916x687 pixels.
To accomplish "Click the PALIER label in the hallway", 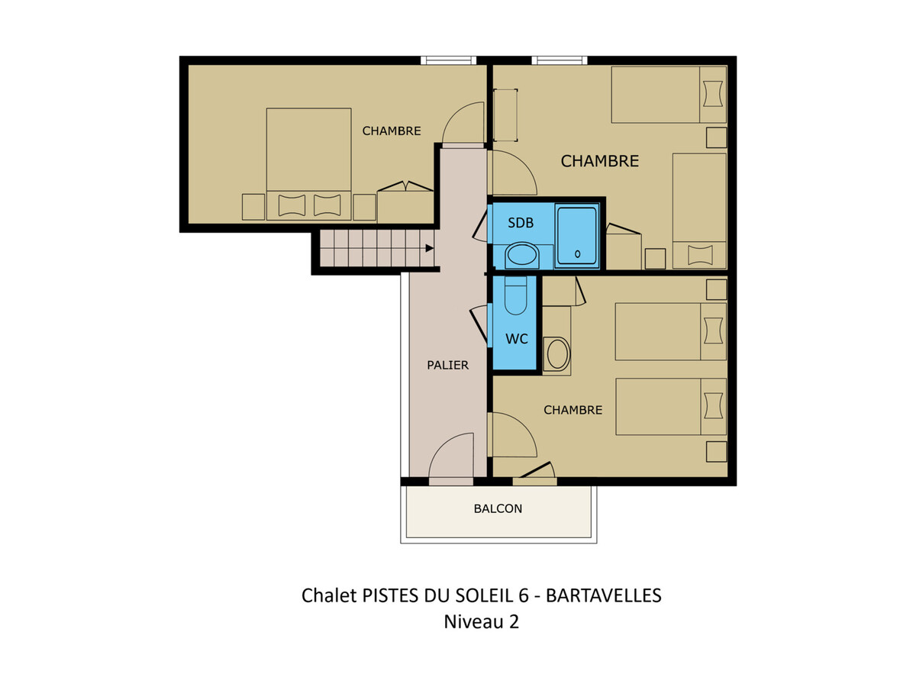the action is [447, 365].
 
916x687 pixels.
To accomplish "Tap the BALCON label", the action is [498, 508].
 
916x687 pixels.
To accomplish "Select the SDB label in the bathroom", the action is [521, 223].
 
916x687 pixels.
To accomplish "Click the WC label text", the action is [517, 339].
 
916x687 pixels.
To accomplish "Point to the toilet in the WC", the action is [516, 295].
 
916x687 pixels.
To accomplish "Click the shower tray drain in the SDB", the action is [578, 253].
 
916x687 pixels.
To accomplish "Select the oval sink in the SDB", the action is [521, 254].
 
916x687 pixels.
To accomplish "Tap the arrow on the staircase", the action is [430, 248].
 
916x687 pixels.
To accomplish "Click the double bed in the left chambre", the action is [308, 164].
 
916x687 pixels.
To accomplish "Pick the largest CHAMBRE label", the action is [599, 161].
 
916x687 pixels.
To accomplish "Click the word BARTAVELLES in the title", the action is [604, 595].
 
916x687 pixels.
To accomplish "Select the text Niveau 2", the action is [481, 621].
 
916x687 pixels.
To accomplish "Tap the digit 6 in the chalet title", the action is [524, 595].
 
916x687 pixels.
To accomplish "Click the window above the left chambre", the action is [448, 60].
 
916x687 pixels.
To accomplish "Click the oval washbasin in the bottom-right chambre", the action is [558, 354].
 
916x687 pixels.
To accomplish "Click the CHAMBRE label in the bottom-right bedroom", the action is [572, 410].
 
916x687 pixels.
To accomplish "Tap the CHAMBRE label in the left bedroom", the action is [391, 131].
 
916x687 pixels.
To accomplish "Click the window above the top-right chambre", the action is [560, 60].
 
